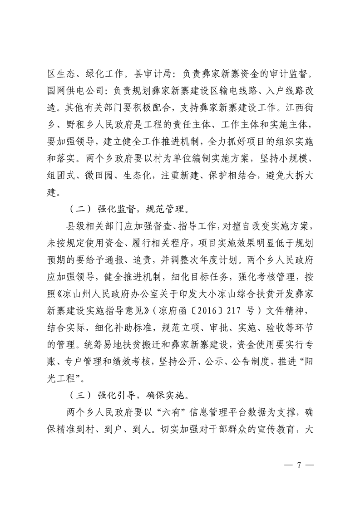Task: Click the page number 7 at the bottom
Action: coord(299,467)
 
